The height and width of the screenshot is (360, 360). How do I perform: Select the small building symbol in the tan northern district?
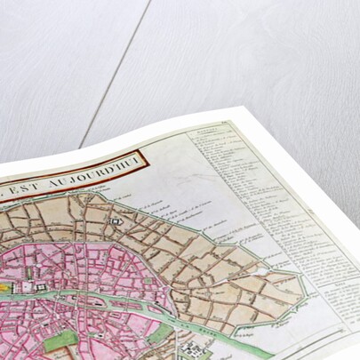click(116, 219)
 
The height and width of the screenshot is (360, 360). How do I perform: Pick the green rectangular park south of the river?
click(60, 341)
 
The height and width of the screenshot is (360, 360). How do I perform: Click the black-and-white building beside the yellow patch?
click(28, 287)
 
